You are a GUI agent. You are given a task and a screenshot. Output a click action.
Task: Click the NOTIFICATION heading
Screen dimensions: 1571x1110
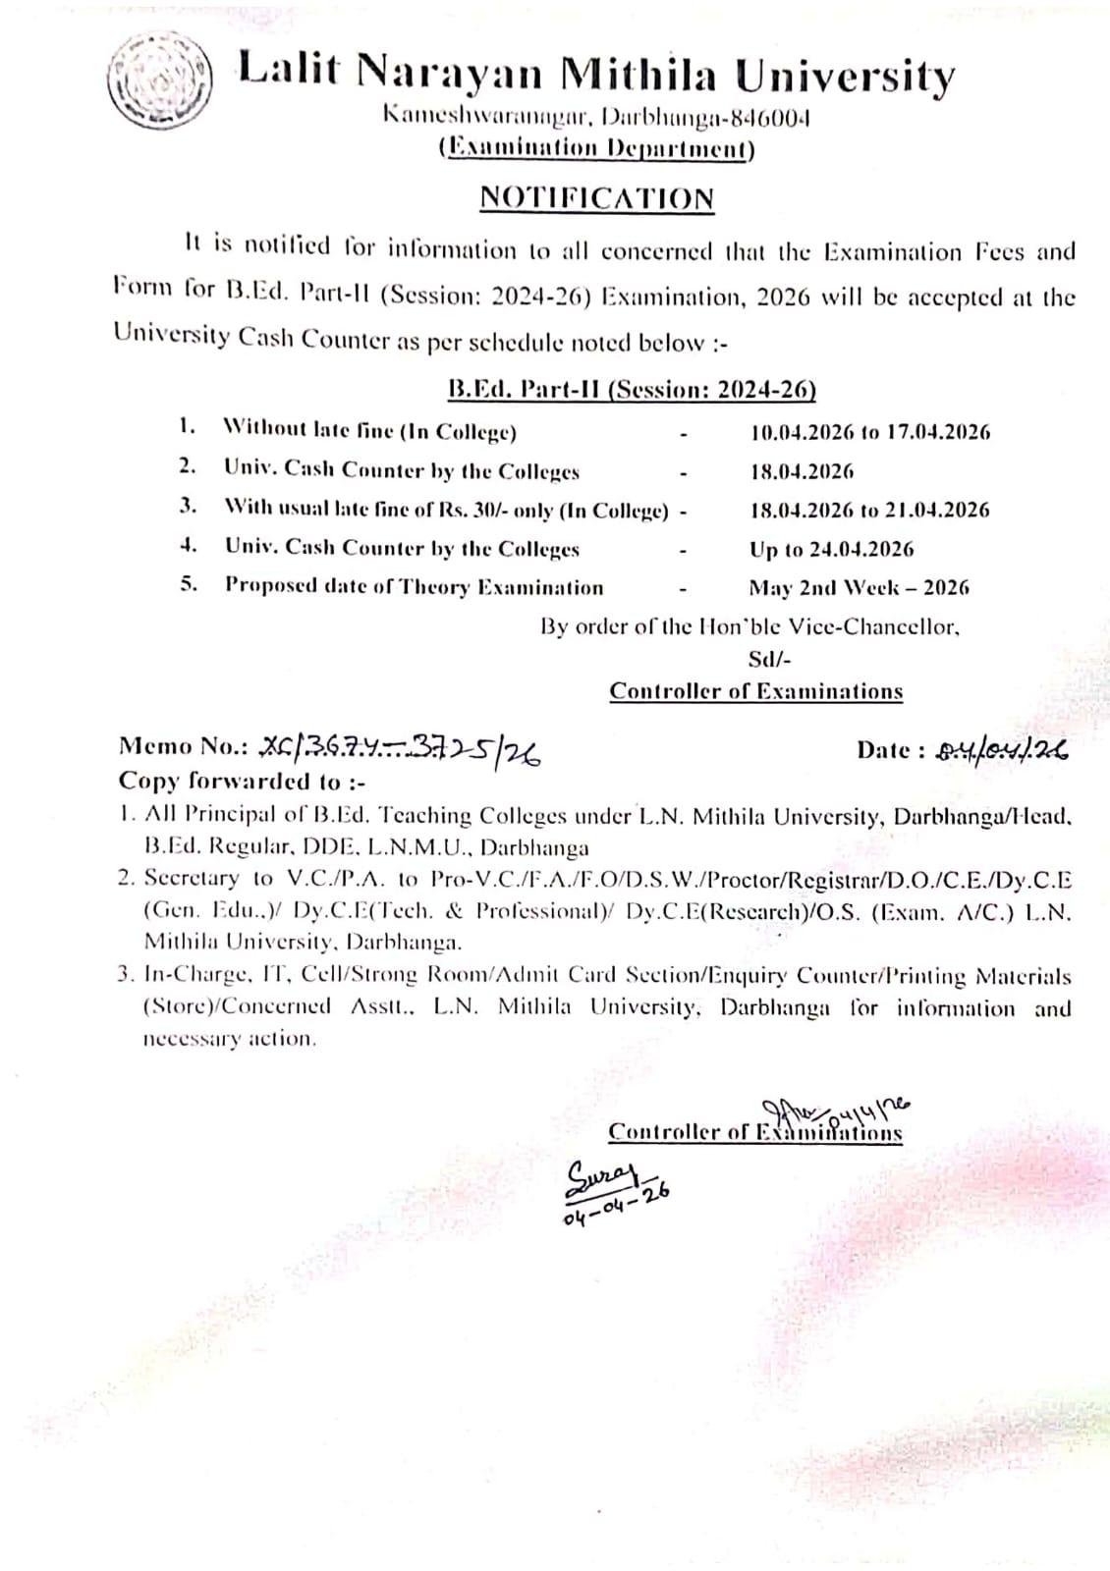(596, 198)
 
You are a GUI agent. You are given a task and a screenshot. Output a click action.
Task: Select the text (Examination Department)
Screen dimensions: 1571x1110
(596, 148)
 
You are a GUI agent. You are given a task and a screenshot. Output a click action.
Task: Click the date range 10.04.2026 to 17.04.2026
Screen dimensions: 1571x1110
(870, 432)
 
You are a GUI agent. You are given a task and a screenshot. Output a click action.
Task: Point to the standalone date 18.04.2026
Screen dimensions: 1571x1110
(803, 471)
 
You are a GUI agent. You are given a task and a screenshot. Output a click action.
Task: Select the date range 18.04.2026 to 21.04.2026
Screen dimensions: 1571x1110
(870, 511)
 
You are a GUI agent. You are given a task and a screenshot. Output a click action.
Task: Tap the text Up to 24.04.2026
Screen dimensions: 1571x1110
(832, 549)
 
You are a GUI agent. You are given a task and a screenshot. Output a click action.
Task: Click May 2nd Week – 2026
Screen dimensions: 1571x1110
(859, 588)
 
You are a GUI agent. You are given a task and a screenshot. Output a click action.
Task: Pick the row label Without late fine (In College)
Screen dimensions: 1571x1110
(370, 431)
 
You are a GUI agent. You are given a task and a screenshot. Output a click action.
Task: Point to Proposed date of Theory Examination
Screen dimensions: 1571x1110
(415, 587)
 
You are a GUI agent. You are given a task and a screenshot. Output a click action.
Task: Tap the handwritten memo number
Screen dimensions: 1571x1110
(399, 751)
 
